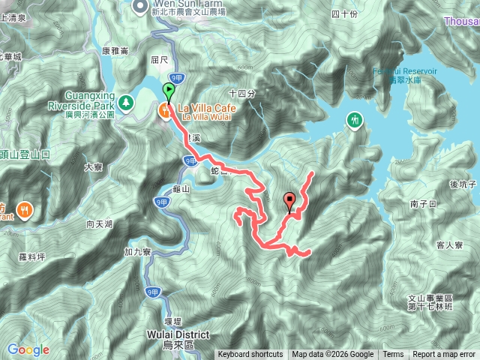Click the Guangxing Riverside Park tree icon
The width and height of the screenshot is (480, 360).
[127, 99]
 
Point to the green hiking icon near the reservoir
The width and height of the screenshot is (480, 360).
[354, 119]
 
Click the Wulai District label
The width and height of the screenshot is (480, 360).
[178, 334]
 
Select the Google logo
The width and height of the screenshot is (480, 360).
[28, 349]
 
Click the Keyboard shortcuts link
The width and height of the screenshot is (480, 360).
[250, 355]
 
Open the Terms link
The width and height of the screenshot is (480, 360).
[393, 355]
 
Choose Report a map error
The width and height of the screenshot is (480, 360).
[445, 355]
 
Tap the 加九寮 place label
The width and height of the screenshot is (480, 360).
[136, 251]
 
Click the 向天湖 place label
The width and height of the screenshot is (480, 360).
[99, 224]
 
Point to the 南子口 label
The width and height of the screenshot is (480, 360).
[424, 203]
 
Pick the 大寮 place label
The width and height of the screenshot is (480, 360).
[93, 168]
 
